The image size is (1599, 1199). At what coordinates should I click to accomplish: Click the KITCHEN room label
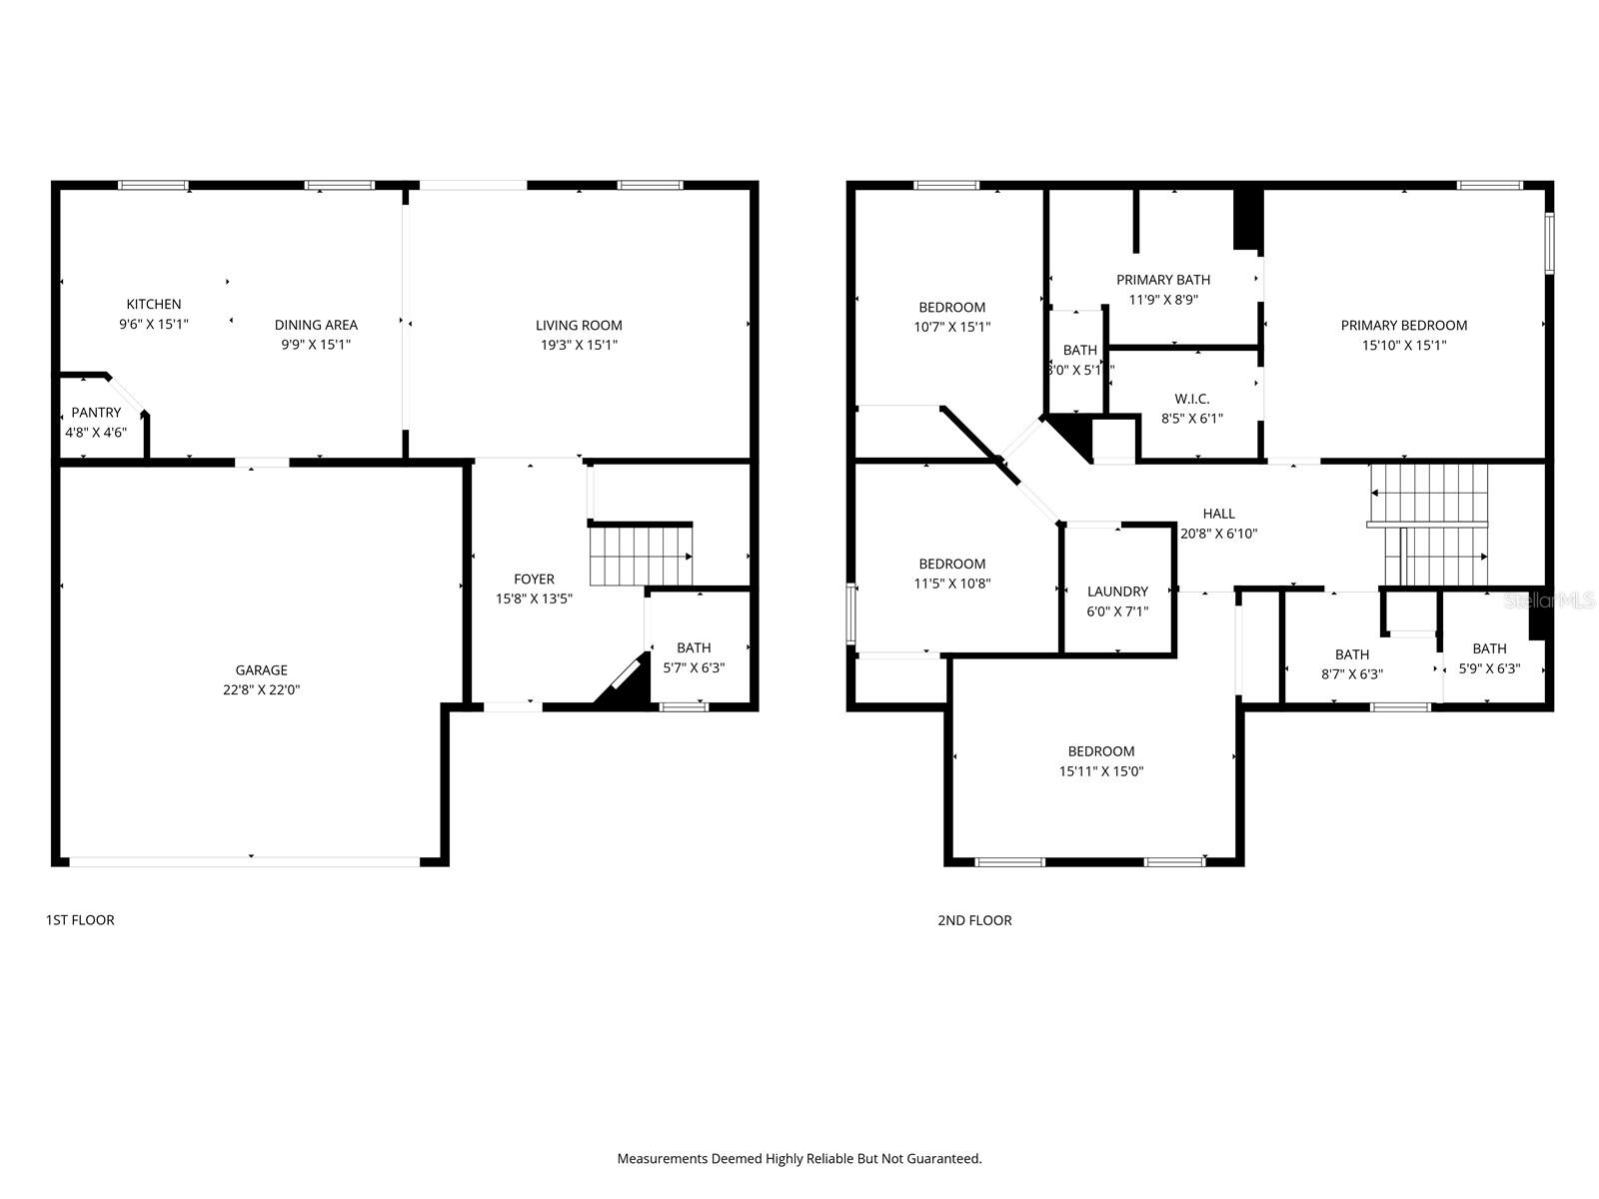tap(153, 304)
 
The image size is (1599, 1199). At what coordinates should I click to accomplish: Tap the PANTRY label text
tap(96, 412)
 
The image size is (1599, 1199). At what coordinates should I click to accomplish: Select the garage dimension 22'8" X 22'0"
tap(261, 689)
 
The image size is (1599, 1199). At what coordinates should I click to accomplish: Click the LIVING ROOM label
tap(579, 325)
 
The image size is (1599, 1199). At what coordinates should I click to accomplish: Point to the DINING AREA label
tap(316, 324)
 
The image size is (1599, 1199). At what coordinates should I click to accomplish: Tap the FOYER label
tap(534, 579)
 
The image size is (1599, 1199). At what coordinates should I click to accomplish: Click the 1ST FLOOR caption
tap(80, 919)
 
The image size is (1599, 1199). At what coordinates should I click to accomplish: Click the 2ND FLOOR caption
tap(974, 920)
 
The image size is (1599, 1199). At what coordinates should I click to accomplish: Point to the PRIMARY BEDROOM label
tap(1403, 325)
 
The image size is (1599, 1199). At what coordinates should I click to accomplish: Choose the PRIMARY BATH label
tap(1163, 280)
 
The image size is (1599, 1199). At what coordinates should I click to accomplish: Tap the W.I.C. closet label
tap(1191, 399)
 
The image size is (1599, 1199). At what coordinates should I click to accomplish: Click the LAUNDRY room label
tap(1117, 592)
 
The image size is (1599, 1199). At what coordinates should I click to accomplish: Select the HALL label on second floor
tap(1218, 514)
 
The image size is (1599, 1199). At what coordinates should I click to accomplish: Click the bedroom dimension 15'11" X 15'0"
tap(1101, 771)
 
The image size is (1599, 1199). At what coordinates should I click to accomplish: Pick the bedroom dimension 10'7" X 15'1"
tap(952, 327)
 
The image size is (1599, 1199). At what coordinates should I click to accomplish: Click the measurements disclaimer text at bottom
tap(799, 1159)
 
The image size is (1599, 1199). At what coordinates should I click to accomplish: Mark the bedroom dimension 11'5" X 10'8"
tap(952, 584)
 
